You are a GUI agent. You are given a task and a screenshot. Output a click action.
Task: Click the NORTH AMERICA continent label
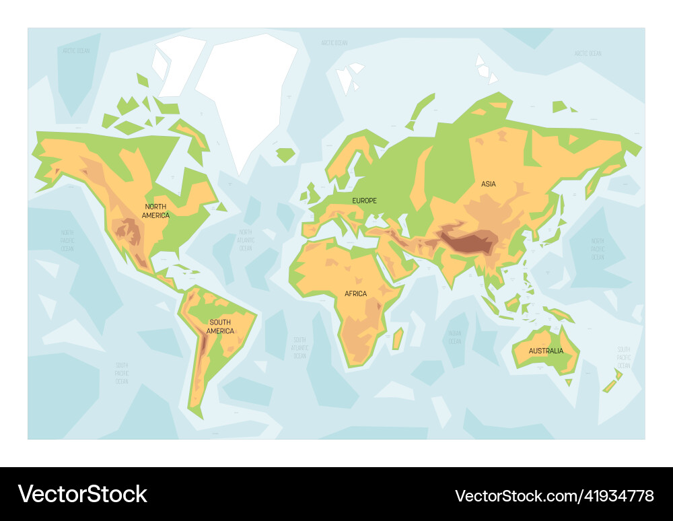coord(155,211)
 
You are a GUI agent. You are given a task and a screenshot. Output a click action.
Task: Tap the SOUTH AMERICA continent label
coord(220,326)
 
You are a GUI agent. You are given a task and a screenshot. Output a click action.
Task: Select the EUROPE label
coord(365,201)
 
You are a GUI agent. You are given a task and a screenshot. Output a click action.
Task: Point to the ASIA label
coord(489,184)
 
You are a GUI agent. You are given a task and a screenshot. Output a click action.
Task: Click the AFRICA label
coord(356,293)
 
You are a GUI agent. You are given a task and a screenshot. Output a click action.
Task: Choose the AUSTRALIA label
coord(546,351)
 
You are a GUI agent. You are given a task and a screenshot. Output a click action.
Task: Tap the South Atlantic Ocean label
coord(299,347)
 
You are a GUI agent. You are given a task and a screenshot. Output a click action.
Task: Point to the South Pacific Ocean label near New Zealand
coord(624,357)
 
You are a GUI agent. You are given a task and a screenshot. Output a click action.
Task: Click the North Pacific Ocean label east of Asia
coord(598,248)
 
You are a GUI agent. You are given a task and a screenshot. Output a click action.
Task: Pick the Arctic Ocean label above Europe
coord(334,43)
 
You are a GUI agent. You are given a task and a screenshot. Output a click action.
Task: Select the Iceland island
coord(285,155)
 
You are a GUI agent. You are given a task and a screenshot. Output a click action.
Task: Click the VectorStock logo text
coord(83,494)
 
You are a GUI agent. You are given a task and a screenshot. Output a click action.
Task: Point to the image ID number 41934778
coord(554,496)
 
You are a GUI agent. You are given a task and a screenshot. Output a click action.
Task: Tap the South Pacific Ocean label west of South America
coord(121,373)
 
